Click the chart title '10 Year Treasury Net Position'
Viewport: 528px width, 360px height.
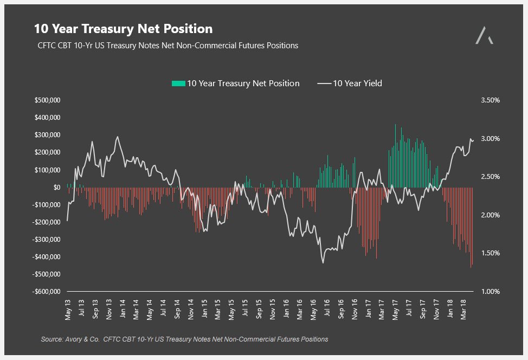[123, 29]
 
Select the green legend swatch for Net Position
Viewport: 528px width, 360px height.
[178, 83]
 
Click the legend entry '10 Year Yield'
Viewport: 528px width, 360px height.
[357, 83]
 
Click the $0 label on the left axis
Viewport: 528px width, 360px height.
[56, 187]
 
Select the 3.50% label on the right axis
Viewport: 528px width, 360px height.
[490, 100]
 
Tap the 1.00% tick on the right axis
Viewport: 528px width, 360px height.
[490, 292]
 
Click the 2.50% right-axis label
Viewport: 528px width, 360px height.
[490, 177]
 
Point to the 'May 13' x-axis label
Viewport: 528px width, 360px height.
[68, 309]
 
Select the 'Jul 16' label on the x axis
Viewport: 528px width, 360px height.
[327, 309]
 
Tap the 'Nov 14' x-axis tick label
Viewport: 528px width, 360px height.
[191, 309]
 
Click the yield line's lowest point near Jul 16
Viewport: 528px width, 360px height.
[323, 263]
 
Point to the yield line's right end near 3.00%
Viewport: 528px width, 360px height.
[473, 140]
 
